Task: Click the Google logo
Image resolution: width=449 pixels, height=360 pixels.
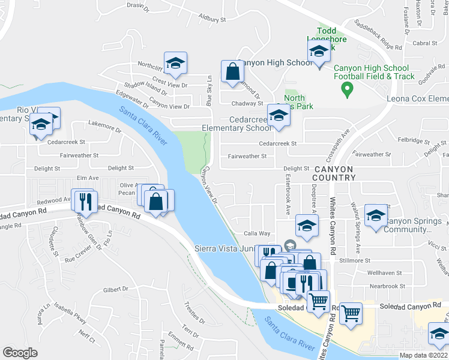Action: click(x=20, y=353)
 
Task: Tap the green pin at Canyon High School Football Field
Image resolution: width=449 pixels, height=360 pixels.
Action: click(x=346, y=91)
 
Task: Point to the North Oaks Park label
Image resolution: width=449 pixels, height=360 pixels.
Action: click(x=294, y=102)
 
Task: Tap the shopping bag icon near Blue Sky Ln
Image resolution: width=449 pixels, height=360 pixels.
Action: click(x=232, y=73)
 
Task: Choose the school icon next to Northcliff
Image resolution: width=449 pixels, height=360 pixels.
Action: click(x=175, y=63)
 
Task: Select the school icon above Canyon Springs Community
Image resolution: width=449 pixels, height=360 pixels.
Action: click(x=376, y=216)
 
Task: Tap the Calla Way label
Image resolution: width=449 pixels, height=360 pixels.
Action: click(x=256, y=233)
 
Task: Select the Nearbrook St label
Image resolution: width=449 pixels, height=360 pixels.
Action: click(x=384, y=286)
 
